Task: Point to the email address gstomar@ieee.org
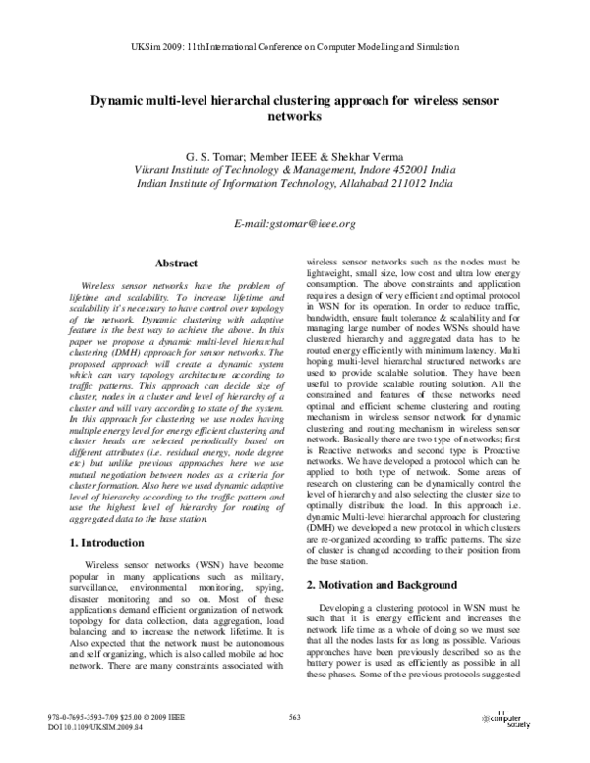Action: click(295, 224)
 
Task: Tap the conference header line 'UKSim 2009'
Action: click(294, 46)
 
